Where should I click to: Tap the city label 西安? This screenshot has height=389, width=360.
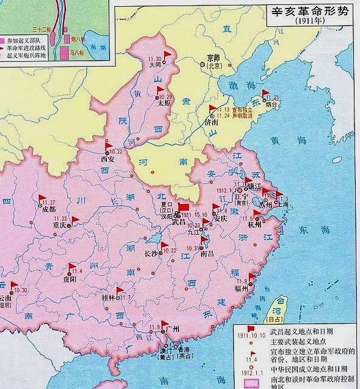pos(108,159)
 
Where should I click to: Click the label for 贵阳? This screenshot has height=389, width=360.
pos(69,279)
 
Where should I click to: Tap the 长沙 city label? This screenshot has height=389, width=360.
pos(151,252)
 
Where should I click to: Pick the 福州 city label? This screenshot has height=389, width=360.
pos(241,287)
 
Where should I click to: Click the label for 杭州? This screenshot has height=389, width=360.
pos(255,225)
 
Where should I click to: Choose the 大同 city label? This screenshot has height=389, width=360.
pos(156,63)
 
